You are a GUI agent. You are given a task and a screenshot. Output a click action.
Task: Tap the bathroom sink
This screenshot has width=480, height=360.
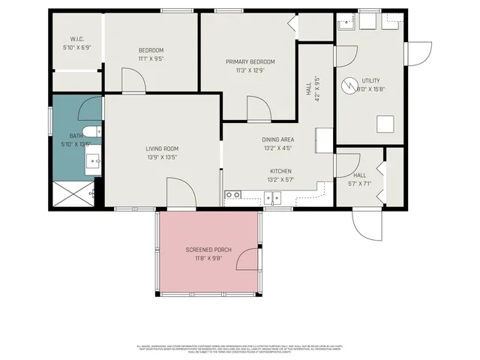94,160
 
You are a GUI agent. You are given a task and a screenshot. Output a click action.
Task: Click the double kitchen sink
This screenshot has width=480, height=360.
271,198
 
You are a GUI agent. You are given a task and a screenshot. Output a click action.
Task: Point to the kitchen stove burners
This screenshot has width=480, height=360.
233,196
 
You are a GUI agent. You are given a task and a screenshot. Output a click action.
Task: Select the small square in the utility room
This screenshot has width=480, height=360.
385,124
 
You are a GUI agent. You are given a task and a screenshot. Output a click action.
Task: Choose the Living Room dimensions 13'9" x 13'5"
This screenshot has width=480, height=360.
161,157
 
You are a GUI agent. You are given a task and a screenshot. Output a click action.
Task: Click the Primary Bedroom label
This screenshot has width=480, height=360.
250,61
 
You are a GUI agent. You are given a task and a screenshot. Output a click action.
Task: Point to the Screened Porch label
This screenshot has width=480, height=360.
208,249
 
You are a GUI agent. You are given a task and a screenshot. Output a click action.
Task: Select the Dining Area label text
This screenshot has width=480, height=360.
277,139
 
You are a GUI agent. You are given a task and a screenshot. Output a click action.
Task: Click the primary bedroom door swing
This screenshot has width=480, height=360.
259,109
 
